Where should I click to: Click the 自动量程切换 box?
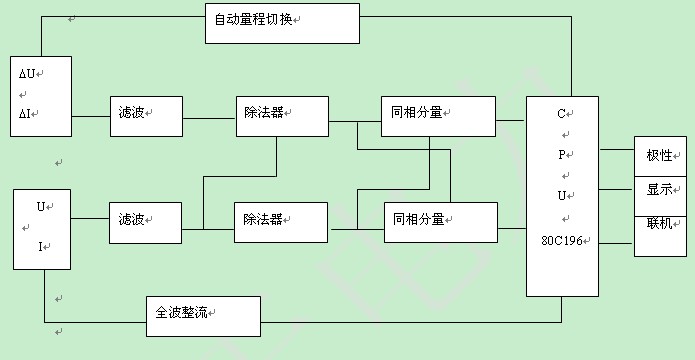(281, 23)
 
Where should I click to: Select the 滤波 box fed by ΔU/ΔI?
(146, 115)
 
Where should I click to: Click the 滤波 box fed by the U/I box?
(146, 222)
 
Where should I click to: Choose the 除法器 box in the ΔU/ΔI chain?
(283, 115)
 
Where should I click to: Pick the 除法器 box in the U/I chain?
(283, 222)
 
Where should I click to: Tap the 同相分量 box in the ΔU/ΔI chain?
(438, 115)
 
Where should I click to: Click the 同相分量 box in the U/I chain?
(440, 222)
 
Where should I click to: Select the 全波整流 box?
(203, 315)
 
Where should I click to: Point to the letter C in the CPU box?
(562, 114)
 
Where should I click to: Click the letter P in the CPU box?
(562, 155)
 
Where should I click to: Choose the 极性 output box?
(660, 157)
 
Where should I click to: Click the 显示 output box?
(660, 190)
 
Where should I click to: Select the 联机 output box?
(660, 224)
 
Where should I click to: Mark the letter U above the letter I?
(41, 206)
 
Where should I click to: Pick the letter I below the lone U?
(41, 246)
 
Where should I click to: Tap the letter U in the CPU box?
(562, 196)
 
